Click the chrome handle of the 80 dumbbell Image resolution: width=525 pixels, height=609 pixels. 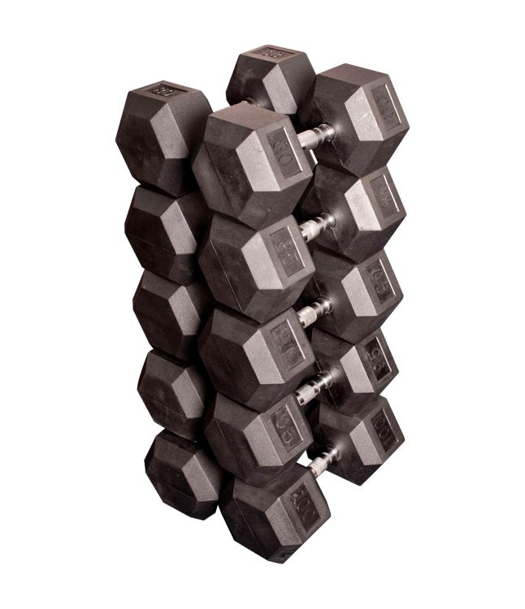(x=315, y=136)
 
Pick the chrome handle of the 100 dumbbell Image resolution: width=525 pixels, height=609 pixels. (x=323, y=462)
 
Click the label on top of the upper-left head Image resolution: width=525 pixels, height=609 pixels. (x=165, y=90)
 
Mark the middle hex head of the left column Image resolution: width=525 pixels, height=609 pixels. (x=169, y=313)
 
